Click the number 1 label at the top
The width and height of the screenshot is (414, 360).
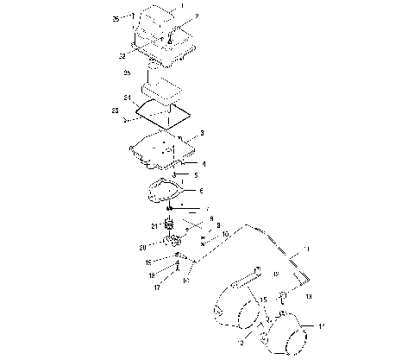[x=182, y=7]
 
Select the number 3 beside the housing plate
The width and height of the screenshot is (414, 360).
[x=201, y=133]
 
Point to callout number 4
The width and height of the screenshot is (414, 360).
[x=203, y=162]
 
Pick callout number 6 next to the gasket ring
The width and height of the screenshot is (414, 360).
[x=201, y=191]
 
